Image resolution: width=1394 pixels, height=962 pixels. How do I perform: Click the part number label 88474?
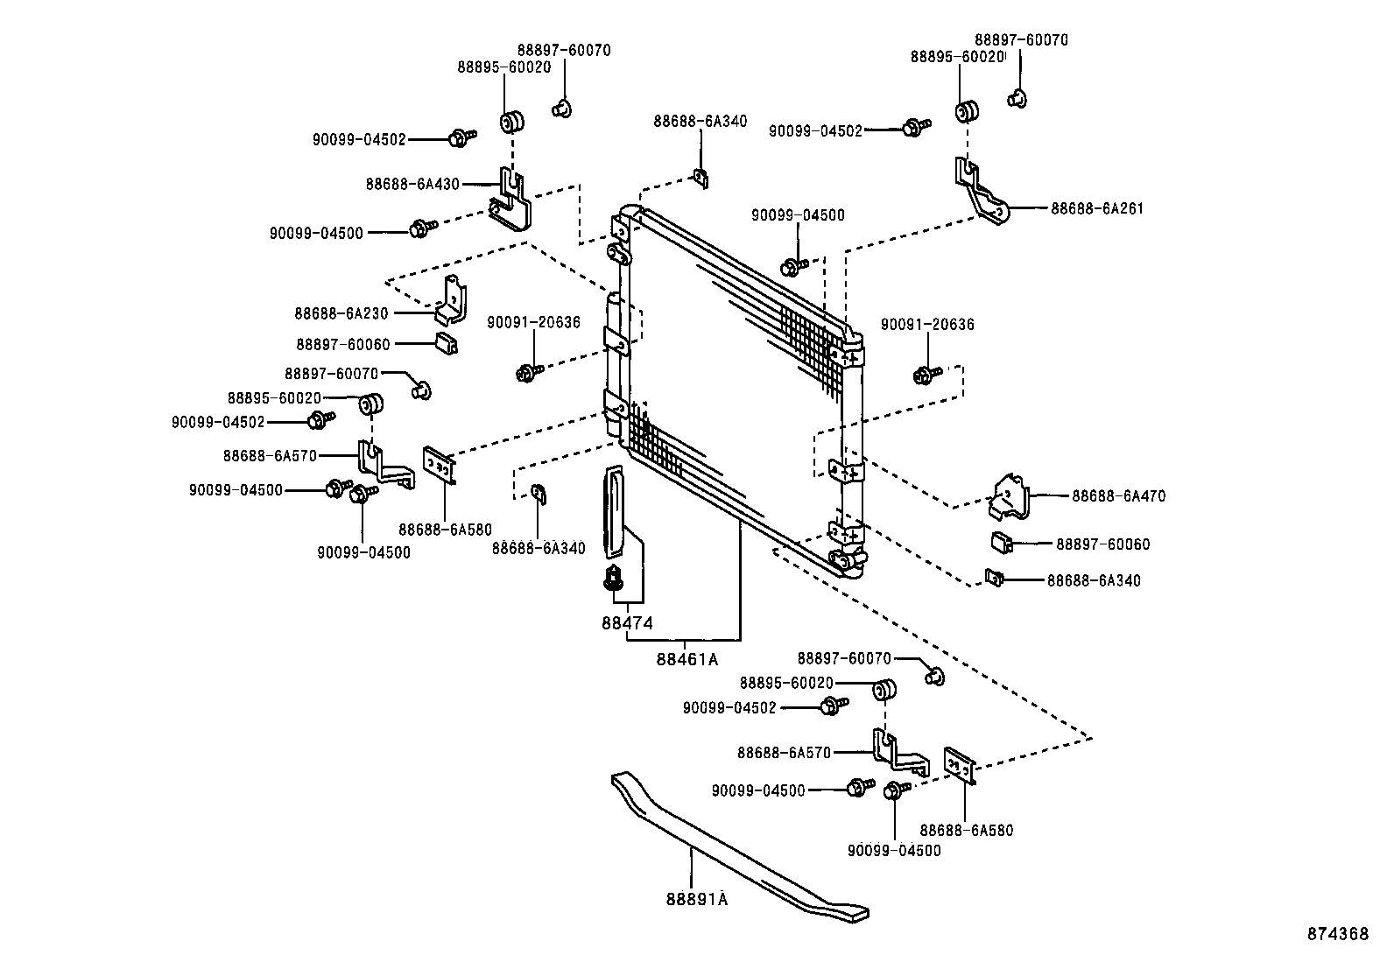(x=627, y=622)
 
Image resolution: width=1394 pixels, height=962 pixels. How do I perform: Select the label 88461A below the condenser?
(x=686, y=659)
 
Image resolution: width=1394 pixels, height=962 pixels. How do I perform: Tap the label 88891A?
(x=697, y=898)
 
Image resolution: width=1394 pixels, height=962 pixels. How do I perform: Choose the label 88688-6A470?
(x=1118, y=495)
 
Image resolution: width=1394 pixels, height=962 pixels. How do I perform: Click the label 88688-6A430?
(x=412, y=184)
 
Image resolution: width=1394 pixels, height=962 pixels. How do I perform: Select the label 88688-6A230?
(x=341, y=312)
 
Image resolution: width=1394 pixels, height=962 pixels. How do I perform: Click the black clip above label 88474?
(x=614, y=578)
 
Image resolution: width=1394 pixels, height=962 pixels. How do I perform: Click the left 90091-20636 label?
(x=533, y=322)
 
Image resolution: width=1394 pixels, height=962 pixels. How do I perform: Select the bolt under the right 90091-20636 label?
(x=924, y=375)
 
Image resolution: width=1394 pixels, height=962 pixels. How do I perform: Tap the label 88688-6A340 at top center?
(x=700, y=121)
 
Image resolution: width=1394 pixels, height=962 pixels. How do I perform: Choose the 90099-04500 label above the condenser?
(x=798, y=215)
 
